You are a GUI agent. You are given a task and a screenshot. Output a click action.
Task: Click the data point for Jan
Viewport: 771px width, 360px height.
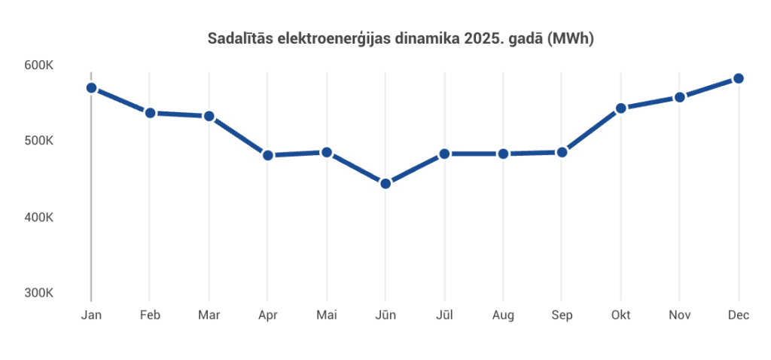coord(91,87)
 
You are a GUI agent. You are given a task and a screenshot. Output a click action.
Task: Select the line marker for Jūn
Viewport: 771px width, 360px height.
coord(385,184)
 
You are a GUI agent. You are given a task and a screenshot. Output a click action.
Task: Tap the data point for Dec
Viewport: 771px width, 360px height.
coord(739,78)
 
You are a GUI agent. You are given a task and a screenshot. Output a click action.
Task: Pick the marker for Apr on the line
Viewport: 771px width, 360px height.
coord(268,155)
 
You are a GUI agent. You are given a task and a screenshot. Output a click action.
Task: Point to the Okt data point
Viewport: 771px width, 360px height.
coord(621,108)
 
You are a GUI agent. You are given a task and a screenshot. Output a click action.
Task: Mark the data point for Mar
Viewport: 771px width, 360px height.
coord(209,116)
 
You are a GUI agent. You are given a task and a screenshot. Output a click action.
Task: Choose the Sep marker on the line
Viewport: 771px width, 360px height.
coord(562,152)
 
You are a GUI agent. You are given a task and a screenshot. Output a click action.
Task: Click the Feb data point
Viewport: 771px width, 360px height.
coord(150,113)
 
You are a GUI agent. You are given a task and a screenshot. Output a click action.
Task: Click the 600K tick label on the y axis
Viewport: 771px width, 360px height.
coord(38,66)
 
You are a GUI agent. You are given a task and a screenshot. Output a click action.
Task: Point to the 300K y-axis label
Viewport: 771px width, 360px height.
coord(38,293)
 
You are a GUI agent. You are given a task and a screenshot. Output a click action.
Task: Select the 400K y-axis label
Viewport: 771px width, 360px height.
coord(38,218)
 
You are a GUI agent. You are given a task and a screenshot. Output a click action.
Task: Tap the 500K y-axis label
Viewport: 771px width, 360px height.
coord(38,141)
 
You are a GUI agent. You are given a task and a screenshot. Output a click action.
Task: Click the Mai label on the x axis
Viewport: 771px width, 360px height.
coord(327,316)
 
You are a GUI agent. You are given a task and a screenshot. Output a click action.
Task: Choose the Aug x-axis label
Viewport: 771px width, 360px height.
coord(503,316)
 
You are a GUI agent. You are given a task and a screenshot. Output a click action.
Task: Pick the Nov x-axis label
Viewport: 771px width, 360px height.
coord(680,316)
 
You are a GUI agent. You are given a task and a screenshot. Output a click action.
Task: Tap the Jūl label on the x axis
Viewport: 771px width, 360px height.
coord(444,316)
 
